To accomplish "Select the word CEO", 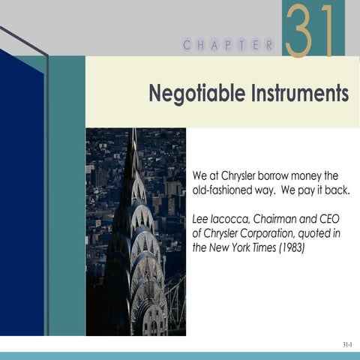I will (x=335, y=220).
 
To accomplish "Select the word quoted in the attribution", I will (x=324, y=234).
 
